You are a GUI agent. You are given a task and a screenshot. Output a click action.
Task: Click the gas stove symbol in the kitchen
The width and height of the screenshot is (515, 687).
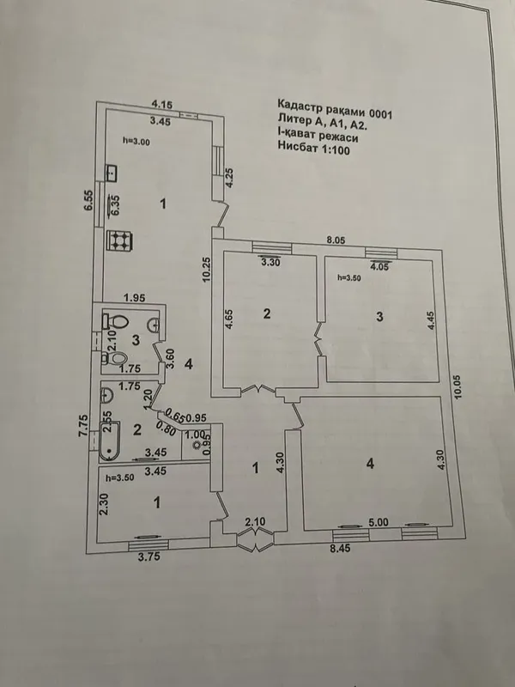click(120, 240)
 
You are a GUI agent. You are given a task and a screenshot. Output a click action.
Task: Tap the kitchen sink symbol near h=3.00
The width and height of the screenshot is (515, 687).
click(112, 173)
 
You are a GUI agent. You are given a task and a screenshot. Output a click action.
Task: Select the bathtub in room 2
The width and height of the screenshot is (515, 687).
click(109, 441)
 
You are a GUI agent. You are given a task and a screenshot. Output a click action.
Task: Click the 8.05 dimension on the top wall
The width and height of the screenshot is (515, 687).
click(336, 240)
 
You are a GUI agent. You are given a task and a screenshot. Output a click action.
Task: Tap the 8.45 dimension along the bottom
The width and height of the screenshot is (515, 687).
click(340, 548)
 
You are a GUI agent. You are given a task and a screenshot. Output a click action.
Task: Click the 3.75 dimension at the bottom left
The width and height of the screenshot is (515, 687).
click(148, 556)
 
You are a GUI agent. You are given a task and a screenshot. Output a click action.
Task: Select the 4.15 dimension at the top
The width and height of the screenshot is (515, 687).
click(162, 104)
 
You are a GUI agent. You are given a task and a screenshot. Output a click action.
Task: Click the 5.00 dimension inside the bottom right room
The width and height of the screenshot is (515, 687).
click(379, 522)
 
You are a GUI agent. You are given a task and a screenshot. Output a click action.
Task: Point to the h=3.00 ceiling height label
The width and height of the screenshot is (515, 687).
click(136, 141)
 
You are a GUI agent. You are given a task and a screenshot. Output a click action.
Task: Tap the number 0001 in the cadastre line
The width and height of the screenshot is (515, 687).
click(381, 114)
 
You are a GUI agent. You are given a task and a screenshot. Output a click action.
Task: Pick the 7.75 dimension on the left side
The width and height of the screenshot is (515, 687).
click(84, 426)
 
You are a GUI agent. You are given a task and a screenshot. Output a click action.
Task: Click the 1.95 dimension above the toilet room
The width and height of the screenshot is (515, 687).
click(135, 298)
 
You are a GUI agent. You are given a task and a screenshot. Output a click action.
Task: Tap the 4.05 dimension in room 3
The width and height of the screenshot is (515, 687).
click(379, 267)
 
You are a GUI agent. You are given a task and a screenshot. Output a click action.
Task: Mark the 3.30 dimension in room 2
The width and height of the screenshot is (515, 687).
click(270, 263)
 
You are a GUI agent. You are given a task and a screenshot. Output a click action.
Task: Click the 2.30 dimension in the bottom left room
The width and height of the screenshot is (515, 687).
click(104, 503)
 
